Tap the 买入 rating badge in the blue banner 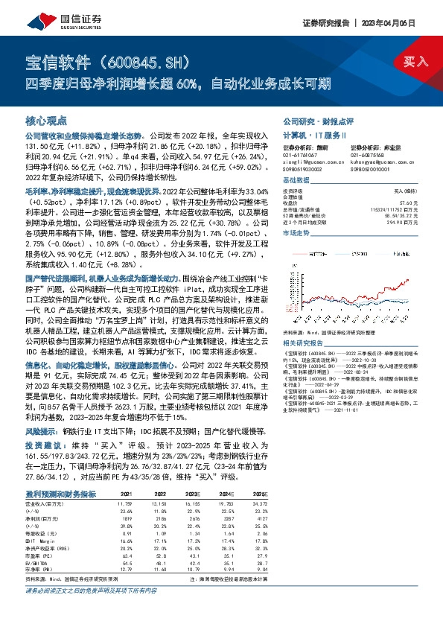415,61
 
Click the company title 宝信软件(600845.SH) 112,62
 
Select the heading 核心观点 46,120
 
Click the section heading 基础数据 296,181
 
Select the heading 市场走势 296,233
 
